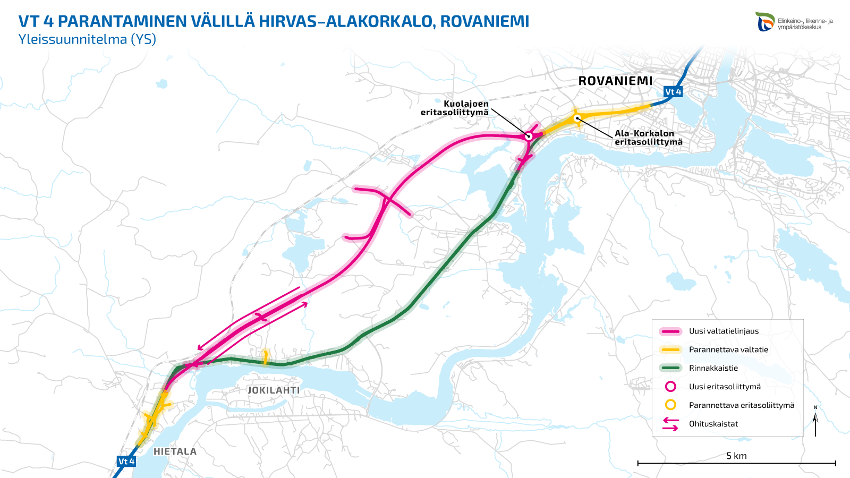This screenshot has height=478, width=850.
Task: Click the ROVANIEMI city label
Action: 615,81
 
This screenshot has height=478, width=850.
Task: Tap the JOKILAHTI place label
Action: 274,390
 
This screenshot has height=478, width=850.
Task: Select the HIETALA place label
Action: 175,451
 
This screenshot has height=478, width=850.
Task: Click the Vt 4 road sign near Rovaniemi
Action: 673,92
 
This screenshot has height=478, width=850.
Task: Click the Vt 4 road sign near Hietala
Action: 126,461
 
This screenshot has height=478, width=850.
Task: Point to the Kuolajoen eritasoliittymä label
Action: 455,108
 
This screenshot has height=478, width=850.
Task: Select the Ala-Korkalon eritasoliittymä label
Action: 648,138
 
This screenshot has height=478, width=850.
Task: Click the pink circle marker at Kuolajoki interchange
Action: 529,136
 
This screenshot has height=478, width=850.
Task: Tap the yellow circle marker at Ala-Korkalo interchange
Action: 577,118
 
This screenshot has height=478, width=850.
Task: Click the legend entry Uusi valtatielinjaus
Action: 724,331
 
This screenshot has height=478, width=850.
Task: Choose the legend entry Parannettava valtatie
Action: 728,349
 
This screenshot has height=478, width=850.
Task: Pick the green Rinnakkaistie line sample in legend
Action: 670,368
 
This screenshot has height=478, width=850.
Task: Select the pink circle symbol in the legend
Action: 670,387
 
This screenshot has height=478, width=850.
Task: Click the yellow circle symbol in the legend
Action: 670,405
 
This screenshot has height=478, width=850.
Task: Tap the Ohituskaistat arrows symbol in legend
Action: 670,424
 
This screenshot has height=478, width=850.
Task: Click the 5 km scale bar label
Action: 736,456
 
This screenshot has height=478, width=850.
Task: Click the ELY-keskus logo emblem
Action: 765,22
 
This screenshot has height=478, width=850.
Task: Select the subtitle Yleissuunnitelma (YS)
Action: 87,39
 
